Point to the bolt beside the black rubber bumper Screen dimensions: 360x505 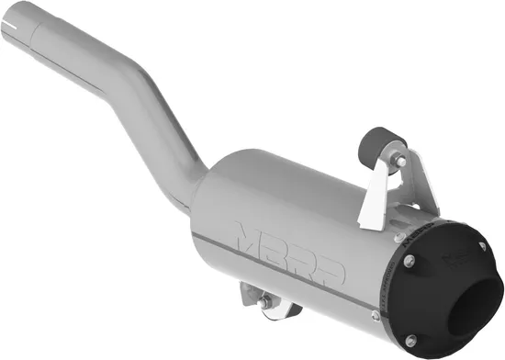(x=398, y=161)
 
